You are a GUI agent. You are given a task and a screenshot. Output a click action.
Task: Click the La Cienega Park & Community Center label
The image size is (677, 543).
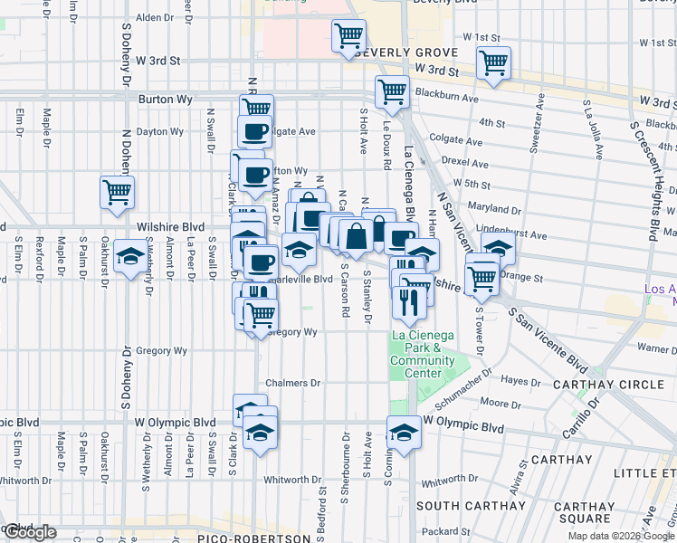[x=422, y=355]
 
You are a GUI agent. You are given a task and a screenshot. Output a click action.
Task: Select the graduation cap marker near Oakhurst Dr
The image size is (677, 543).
[x=132, y=256]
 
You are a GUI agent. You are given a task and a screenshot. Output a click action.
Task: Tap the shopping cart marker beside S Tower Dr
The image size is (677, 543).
[x=482, y=276]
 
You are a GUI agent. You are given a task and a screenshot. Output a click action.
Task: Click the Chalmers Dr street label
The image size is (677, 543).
[x=293, y=383]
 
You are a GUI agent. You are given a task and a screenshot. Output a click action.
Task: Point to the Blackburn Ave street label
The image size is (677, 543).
[x=446, y=96]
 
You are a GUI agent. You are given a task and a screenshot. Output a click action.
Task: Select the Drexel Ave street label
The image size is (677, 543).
[x=468, y=165]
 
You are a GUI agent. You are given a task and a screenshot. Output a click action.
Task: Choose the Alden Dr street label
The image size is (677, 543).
[x=153, y=17]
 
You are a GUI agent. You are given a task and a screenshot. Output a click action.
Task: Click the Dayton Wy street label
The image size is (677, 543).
[x=160, y=132]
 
